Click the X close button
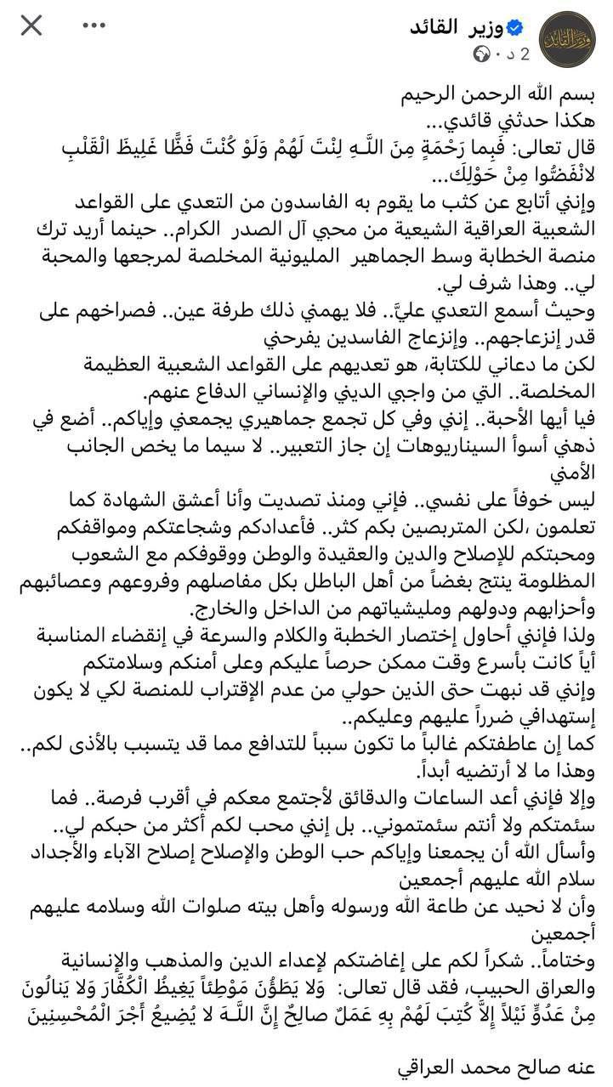pyautogui.click(x=31, y=26)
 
